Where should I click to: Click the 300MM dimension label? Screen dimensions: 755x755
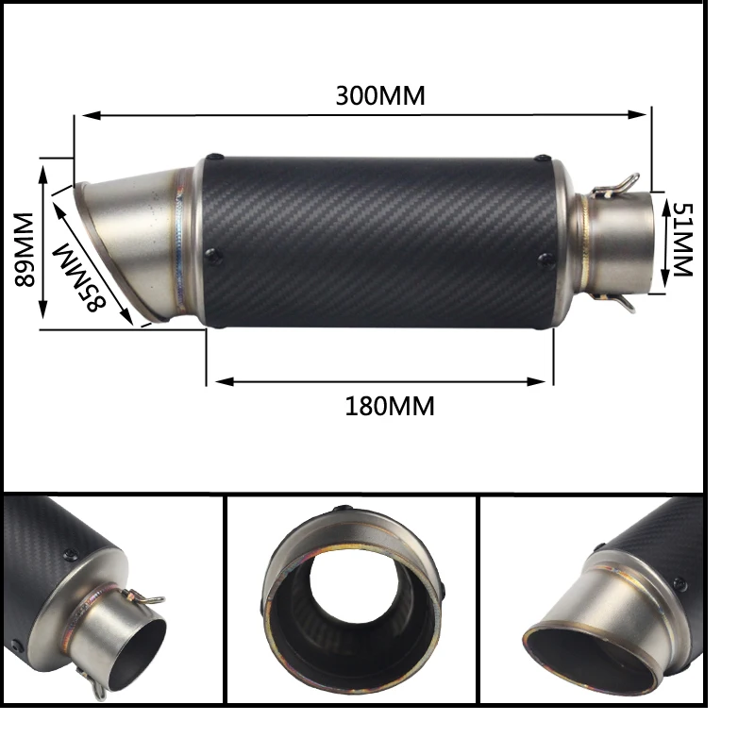click(380, 96)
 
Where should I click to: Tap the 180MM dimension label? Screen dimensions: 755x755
click(390, 407)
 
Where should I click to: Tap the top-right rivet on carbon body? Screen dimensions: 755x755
click(542, 160)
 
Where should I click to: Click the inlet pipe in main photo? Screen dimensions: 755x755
click(623, 242)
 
